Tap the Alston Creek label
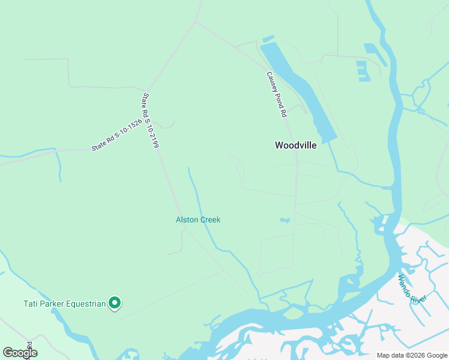198,220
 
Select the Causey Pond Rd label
277,94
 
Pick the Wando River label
412,288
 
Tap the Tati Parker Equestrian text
64,304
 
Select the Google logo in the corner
19,353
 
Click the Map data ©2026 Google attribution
412,355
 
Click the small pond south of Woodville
285,220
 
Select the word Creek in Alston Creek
210,220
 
